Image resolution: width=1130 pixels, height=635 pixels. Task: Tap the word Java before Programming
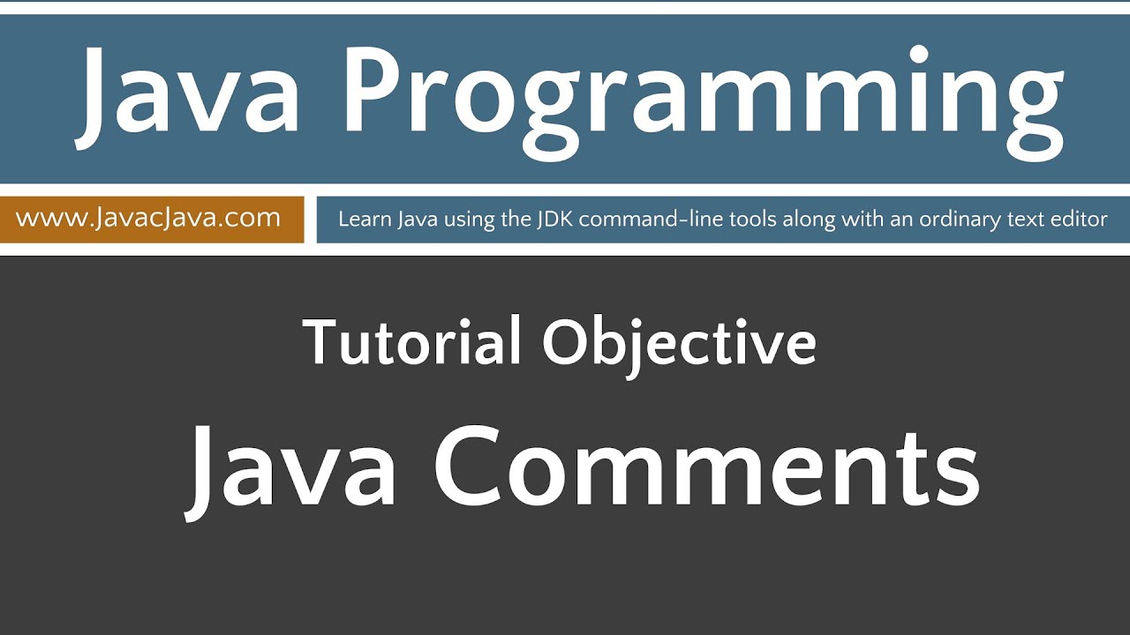(x=190, y=93)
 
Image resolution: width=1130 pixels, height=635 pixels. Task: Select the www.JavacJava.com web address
(x=148, y=218)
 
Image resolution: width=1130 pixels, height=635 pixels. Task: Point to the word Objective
(x=679, y=344)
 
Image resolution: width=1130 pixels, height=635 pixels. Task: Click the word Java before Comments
(x=291, y=472)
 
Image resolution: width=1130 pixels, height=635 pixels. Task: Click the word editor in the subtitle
(x=1081, y=219)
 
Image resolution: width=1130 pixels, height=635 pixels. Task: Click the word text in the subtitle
(x=1028, y=219)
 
